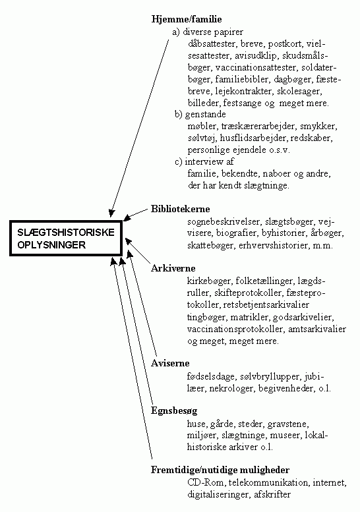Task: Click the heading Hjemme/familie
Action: pos(187,19)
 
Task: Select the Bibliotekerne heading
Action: pos(180,209)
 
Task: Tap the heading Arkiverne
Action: pos(173,268)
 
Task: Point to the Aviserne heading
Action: pos(170,363)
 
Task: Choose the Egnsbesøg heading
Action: pos(174,411)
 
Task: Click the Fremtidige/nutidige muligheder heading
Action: pos(220,470)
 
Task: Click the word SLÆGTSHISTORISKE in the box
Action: pos(66,233)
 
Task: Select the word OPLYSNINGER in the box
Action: pos(51,245)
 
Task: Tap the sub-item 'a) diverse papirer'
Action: pos(208,32)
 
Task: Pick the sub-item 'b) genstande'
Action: pos(200,114)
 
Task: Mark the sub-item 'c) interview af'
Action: pos(204,161)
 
